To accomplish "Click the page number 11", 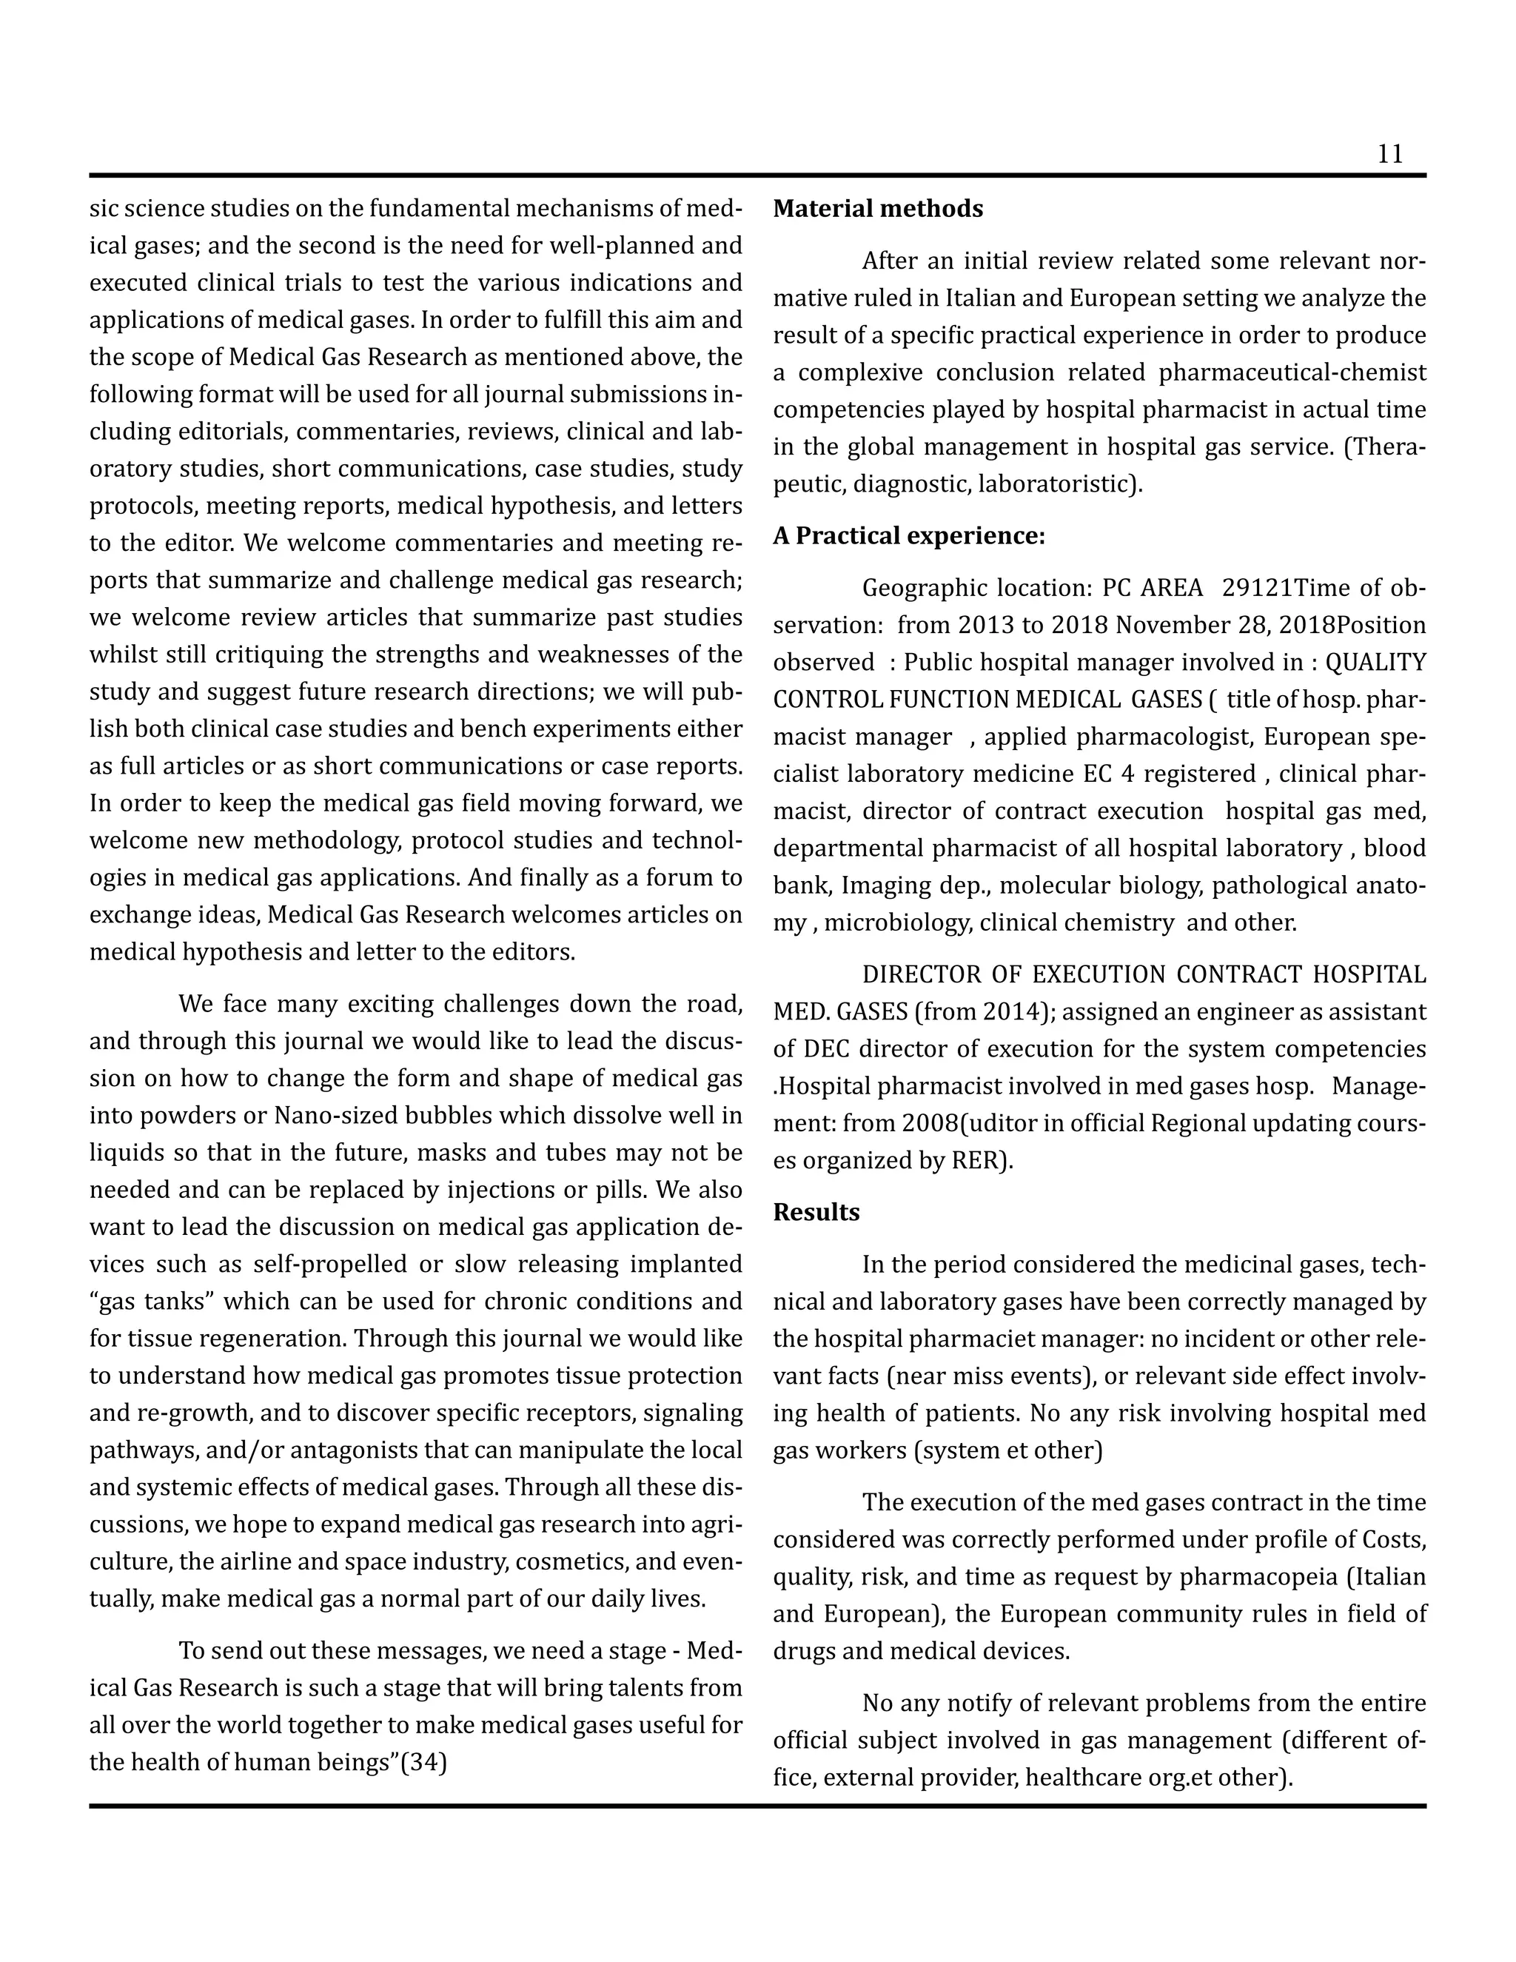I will [1389, 155].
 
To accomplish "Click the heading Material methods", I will [877, 210].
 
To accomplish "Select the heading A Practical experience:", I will [909, 536].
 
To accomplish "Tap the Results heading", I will [816, 1213].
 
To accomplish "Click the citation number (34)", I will [424, 1763].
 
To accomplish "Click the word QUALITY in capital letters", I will [1375, 663].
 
